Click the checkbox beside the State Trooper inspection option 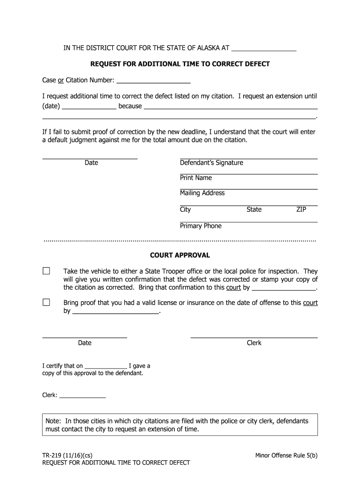click(x=46, y=271)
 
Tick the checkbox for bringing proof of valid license click(x=46, y=303)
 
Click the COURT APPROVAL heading click(x=180, y=255)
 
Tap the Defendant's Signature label click(x=211, y=163)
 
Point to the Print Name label click(x=196, y=178)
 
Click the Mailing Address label click(x=202, y=193)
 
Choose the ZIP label click(x=301, y=210)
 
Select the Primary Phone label click(x=201, y=226)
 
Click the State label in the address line click(x=254, y=210)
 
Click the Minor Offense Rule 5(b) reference click(x=286, y=455)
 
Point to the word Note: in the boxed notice click(x=54, y=421)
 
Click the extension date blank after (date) click(x=89, y=106)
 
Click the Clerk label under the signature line click(x=254, y=343)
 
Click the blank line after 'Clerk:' click(x=83, y=395)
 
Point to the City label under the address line click(x=186, y=210)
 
